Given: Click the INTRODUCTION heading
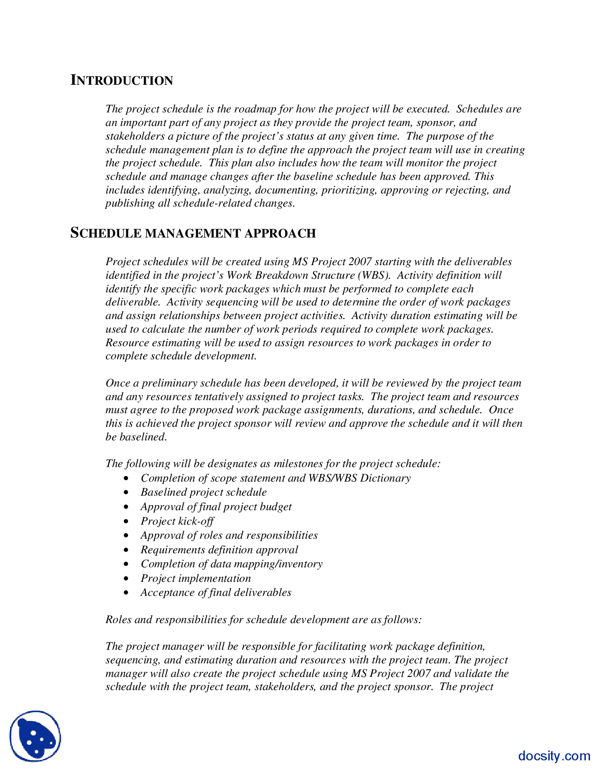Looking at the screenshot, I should [x=122, y=81].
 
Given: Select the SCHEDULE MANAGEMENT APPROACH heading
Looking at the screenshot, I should [x=193, y=233].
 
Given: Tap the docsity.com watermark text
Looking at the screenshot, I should [x=554, y=756].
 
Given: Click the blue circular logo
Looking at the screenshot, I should [x=35, y=736].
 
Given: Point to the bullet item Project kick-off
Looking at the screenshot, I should [x=177, y=521].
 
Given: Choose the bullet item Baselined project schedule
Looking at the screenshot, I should [x=204, y=492].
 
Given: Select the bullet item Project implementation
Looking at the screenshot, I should [x=196, y=579].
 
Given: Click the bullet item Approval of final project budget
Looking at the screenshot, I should [x=216, y=507].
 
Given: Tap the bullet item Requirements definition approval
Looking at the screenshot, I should [x=219, y=550].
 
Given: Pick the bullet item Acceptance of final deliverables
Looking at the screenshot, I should [x=216, y=593].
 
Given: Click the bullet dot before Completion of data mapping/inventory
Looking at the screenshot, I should [x=126, y=565].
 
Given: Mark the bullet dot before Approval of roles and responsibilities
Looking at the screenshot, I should [x=126, y=536].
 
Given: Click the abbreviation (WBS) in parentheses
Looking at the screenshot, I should [x=374, y=275].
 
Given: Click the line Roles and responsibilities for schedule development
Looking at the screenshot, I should [x=263, y=620].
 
